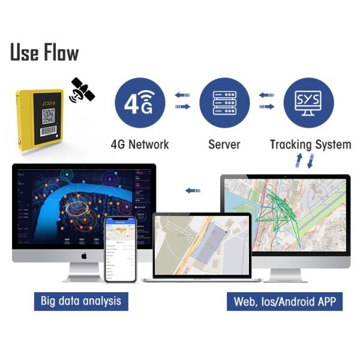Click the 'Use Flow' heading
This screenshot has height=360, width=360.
pyautogui.click(x=44, y=52)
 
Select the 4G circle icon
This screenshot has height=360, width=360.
pyautogui.click(x=139, y=102)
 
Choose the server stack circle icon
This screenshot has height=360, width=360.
pyautogui.click(x=224, y=102)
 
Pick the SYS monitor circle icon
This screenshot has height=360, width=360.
pyautogui.click(x=308, y=102)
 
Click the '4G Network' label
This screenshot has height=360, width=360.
pyautogui.click(x=140, y=145)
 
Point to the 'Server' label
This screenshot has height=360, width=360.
pyautogui.click(x=224, y=145)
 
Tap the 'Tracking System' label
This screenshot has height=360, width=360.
pyautogui.click(x=310, y=145)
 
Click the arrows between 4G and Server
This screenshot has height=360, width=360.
pyautogui.click(x=182, y=101)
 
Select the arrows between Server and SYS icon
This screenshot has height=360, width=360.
pyautogui.click(x=266, y=101)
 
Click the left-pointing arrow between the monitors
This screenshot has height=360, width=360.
pyautogui.click(x=193, y=190)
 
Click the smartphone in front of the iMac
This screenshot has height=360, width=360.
pyautogui.click(x=121, y=248)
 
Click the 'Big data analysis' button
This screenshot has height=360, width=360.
pyautogui.click(x=81, y=301)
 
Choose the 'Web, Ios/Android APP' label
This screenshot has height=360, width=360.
pyautogui.click(x=284, y=301)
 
